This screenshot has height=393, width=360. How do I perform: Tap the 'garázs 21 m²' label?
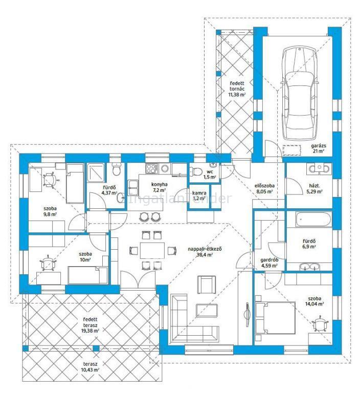[319, 148]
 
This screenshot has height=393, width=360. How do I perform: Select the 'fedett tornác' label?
[237, 86]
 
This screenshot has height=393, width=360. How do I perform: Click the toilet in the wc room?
[196, 172]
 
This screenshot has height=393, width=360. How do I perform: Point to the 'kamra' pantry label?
[199, 193]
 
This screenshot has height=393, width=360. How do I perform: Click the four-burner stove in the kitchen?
[151, 168]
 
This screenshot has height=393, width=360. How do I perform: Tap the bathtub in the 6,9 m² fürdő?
[313, 220]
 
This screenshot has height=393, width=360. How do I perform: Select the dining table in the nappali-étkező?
[152, 250]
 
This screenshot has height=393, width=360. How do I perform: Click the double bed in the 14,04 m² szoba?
[275, 318]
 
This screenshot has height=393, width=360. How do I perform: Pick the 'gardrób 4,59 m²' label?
[269, 263]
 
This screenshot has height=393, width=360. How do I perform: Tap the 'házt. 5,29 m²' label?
[314, 188]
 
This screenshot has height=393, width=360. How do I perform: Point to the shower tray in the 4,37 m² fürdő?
[96, 172]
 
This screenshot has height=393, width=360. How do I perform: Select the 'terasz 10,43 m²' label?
[91, 367]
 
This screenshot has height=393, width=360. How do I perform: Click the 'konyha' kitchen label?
[160, 184]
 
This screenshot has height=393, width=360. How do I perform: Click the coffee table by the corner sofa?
[207, 310]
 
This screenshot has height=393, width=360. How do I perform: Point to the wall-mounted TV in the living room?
[247, 314]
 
